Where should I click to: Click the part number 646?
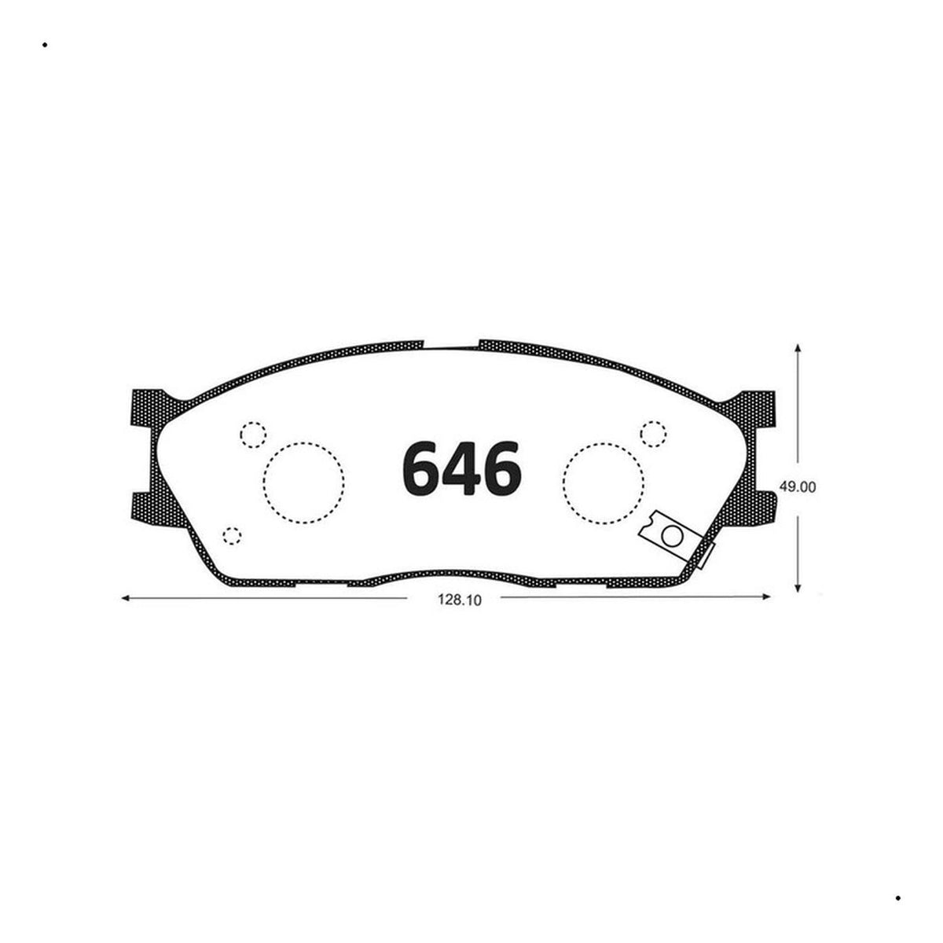[462, 468]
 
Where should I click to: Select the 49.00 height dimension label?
[797, 487]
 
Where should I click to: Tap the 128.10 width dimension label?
[460, 600]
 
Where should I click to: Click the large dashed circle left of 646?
[303, 483]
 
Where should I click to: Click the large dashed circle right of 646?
[603, 483]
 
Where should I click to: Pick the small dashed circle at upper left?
[253, 434]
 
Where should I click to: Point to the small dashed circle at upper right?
[653, 434]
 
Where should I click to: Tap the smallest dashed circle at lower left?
[232, 536]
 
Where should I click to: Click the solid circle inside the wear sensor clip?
[672, 537]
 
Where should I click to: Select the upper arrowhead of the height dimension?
[798, 348]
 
